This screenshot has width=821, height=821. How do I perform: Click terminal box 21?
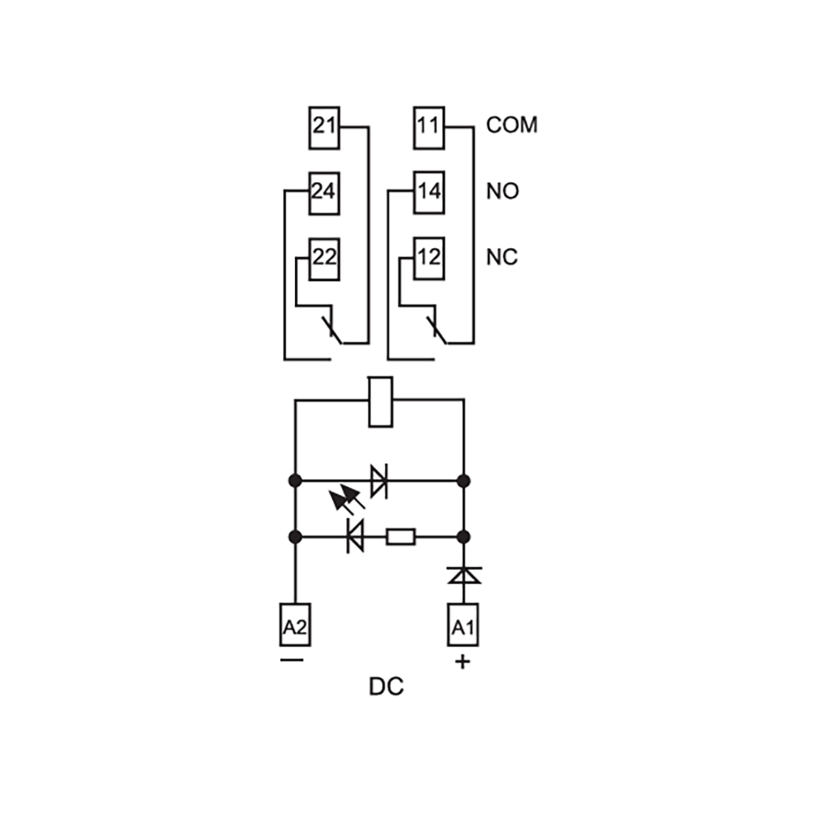[x=324, y=128]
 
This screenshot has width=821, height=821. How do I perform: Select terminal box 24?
[x=324, y=193]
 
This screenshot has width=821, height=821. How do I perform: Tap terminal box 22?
[x=324, y=259]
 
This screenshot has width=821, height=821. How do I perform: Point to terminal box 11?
[x=429, y=128]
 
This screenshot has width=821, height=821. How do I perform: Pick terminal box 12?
[x=429, y=258]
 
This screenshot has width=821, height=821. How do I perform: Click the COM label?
[x=512, y=125]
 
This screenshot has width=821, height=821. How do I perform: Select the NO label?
[x=502, y=191]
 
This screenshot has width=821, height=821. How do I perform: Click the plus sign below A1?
[x=463, y=662]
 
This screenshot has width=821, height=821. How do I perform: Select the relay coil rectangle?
[x=380, y=402]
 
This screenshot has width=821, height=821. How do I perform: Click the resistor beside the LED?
[x=401, y=537]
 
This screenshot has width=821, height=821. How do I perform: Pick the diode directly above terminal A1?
[x=464, y=575]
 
